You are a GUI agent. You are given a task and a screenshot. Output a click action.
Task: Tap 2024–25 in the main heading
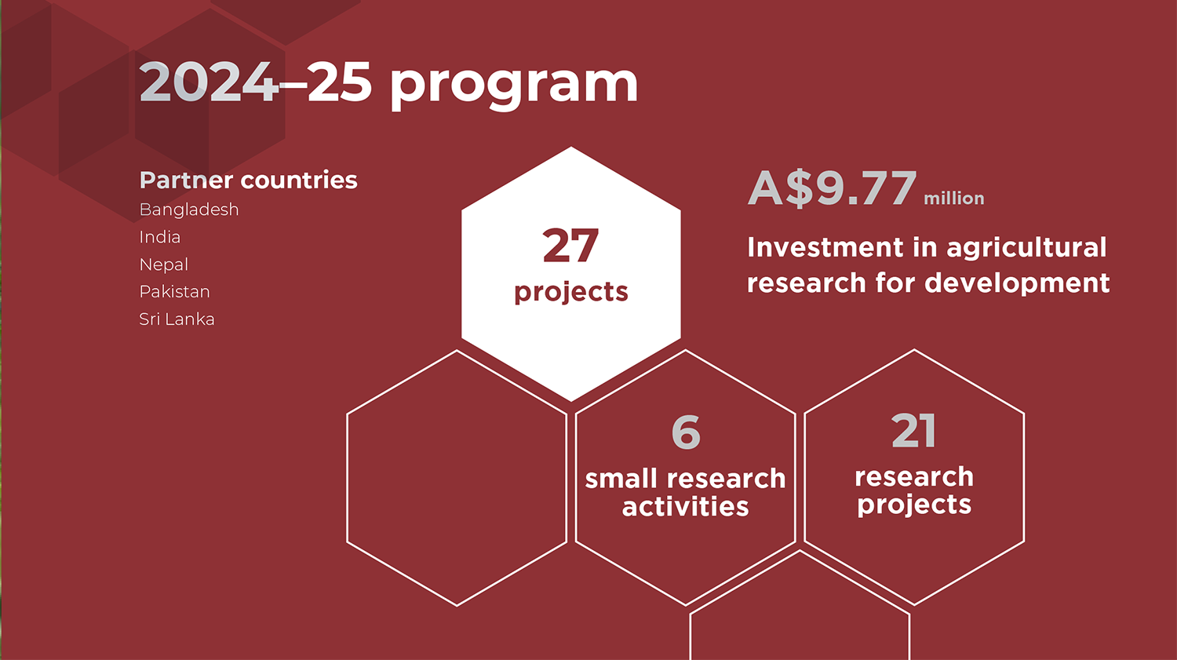coord(255,82)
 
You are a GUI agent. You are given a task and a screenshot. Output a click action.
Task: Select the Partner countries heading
coord(249,180)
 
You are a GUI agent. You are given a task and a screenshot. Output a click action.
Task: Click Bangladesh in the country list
coord(189,210)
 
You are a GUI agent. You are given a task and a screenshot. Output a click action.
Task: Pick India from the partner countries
coord(160,237)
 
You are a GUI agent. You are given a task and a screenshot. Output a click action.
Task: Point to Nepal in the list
coord(163,264)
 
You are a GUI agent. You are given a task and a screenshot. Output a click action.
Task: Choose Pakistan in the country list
coord(174,292)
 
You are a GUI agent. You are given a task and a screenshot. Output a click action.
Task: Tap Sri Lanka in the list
coord(177,319)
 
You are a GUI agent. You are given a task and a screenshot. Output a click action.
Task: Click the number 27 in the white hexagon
coord(570,246)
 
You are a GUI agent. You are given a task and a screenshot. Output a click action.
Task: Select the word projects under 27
coord(571,293)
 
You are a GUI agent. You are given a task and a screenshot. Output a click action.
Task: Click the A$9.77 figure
coord(833,188)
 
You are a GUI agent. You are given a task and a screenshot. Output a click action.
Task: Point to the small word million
coord(954,198)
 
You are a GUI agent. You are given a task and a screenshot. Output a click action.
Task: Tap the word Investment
coord(826,247)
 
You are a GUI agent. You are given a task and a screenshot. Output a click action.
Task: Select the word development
coord(1017,284)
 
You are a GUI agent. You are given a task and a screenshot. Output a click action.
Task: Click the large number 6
coord(687,432)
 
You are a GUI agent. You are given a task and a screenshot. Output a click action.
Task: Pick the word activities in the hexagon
coord(686,506)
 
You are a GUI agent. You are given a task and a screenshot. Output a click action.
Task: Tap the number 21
coord(914,431)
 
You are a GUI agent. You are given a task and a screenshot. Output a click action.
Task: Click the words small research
coord(686,479)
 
